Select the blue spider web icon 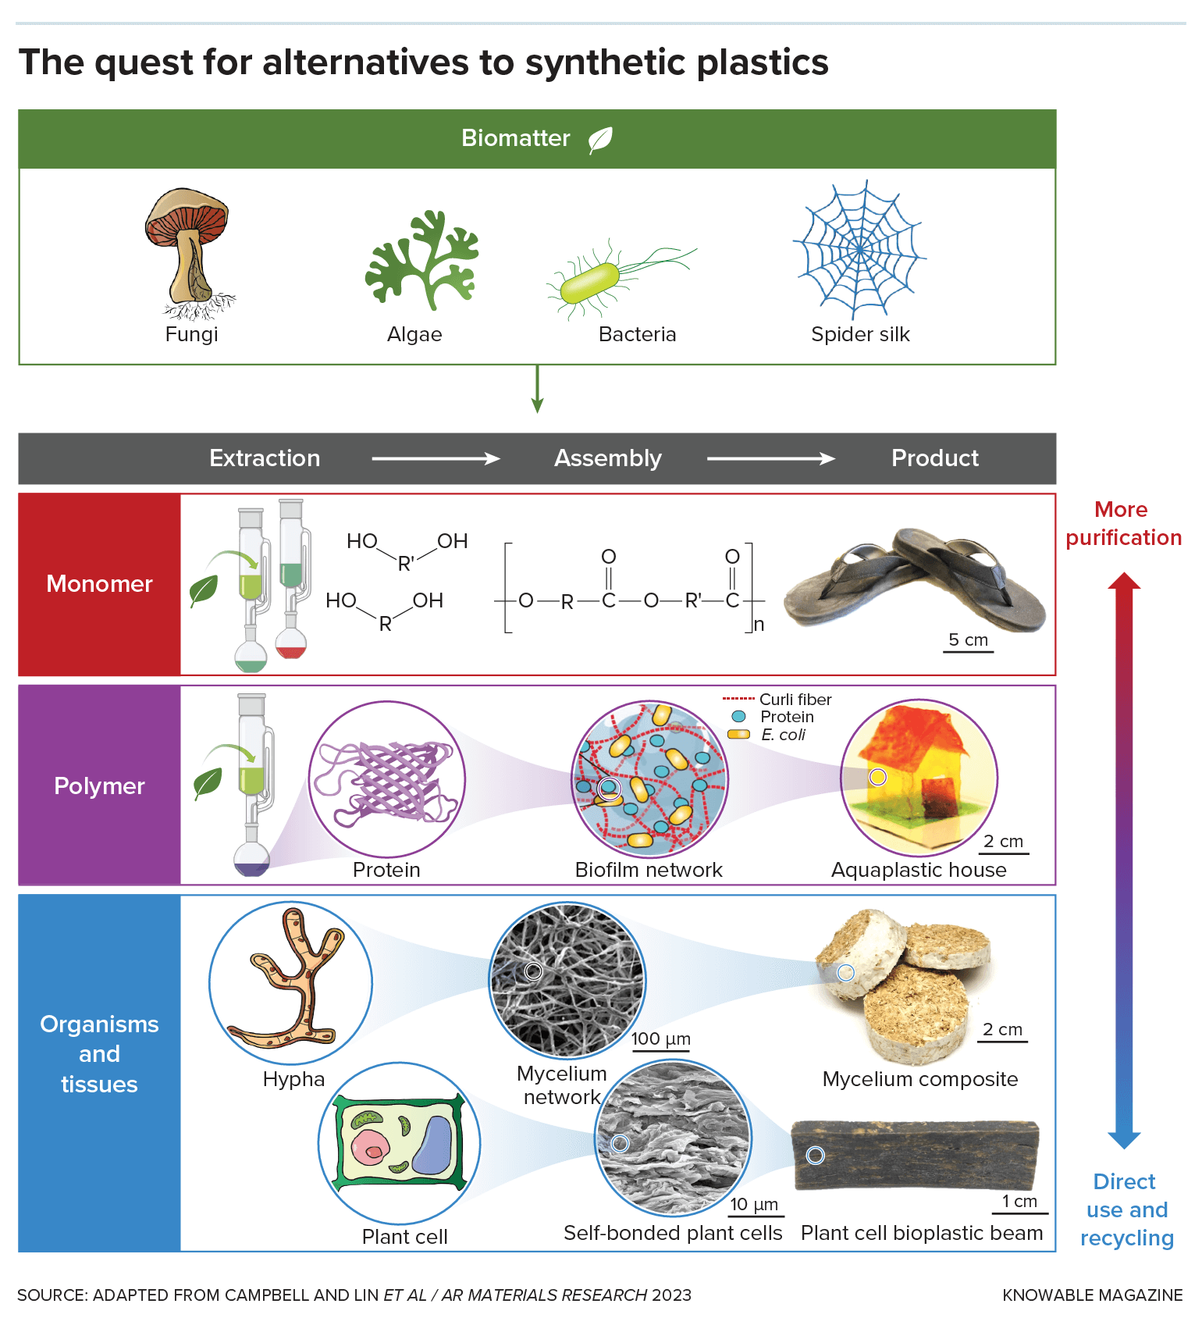(x=859, y=249)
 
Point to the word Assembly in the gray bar (x=607, y=458)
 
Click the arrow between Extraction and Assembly (x=436, y=458)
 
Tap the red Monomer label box (x=100, y=584)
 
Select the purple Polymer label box (x=100, y=785)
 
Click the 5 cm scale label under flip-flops (x=968, y=640)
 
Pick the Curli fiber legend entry (x=794, y=700)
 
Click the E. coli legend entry (x=782, y=735)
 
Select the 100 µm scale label (x=660, y=1039)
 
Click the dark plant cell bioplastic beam (x=915, y=1156)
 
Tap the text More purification (x=1123, y=524)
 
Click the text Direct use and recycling (x=1126, y=1209)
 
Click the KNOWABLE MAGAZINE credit (x=1092, y=1295)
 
